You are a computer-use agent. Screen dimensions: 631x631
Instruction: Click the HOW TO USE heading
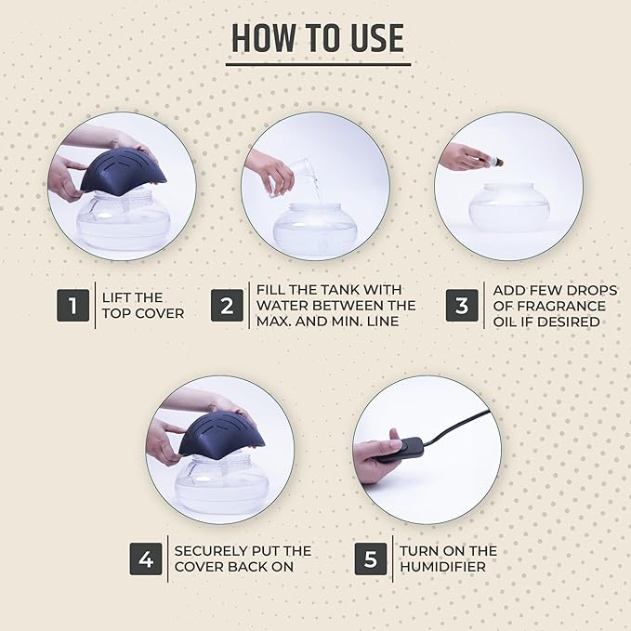(x=318, y=38)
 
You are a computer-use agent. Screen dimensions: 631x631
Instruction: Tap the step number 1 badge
(x=72, y=305)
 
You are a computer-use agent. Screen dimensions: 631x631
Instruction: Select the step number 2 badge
(x=227, y=305)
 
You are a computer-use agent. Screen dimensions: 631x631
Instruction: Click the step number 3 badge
(x=462, y=305)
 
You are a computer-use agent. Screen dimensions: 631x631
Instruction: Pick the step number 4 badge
(x=146, y=559)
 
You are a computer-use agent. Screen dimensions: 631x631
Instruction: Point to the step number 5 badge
(x=371, y=559)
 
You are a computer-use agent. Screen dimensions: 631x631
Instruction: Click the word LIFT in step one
(x=117, y=297)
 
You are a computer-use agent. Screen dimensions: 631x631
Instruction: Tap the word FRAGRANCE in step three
(x=561, y=306)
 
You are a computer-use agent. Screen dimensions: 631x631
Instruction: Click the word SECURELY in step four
(x=205, y=550)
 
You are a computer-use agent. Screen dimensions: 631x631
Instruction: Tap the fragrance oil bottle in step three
(x=495, y=163)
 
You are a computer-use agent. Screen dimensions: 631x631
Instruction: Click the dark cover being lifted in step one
(x=123, y=172)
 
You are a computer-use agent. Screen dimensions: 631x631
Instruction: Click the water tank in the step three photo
(x=509, y=208)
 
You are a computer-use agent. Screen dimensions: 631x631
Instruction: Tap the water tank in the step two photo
(x=315, y=230)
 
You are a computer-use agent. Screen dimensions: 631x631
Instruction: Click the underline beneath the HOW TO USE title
(x=318, y=64)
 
